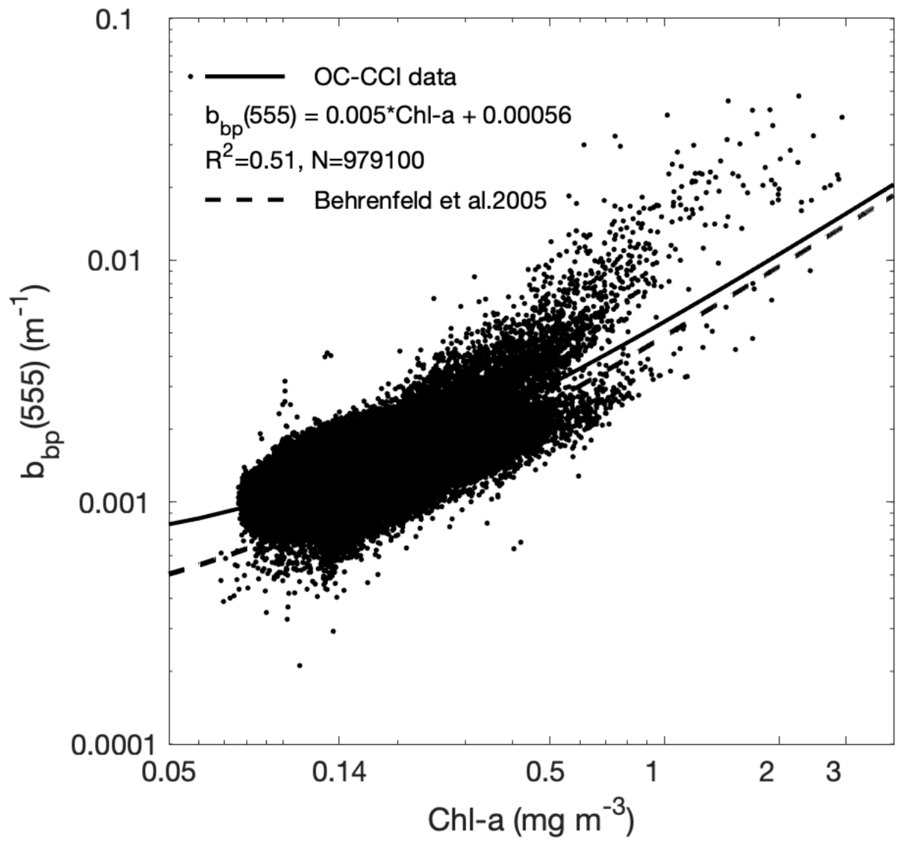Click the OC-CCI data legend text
[385, 78]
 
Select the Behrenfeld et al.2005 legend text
[430, 200]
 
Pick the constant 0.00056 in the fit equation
[527, 117]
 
